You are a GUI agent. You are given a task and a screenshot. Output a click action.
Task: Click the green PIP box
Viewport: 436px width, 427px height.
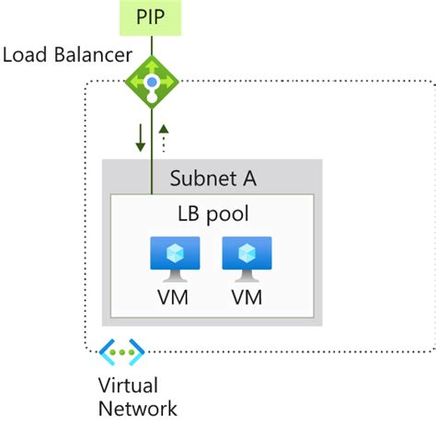tap(153, 17)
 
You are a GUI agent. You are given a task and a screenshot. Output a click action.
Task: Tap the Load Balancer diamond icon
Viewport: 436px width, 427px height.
tap(151, 81)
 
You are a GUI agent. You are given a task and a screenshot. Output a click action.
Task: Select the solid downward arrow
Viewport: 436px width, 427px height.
tap(140, 136)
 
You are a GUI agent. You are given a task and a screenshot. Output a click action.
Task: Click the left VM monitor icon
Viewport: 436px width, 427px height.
tap(175, 258)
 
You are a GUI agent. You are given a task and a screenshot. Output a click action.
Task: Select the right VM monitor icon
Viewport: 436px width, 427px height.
tap(247, 258)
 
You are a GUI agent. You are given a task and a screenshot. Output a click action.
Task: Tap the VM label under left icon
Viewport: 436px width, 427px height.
tap(175, 297)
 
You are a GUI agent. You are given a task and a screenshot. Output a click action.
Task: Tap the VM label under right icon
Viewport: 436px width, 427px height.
tap(247, 297)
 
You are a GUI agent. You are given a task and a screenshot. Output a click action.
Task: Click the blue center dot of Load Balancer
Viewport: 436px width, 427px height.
tap(151, 81)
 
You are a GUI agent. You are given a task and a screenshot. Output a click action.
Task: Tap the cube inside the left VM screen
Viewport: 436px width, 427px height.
tap(175, 253)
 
